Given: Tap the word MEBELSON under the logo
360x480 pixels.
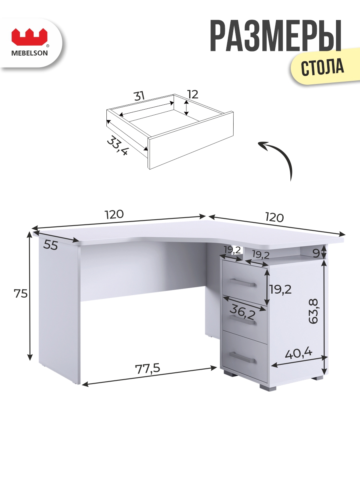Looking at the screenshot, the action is tap(30, 53).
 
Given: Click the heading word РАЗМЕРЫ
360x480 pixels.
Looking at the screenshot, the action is tap(276, 36).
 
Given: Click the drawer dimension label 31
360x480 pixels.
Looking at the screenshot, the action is tap(139, 96).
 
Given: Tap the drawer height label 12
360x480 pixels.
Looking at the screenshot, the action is tap(193, 94).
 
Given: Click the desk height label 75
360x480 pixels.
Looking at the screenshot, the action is tap(20, 294).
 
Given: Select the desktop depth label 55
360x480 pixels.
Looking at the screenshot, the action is tap(50, 245).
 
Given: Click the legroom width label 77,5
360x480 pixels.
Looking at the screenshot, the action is tap(148, 369).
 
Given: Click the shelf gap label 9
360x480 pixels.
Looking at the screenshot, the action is tap(316, 253).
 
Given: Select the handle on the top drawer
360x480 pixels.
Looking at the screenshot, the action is tap(242, 282).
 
